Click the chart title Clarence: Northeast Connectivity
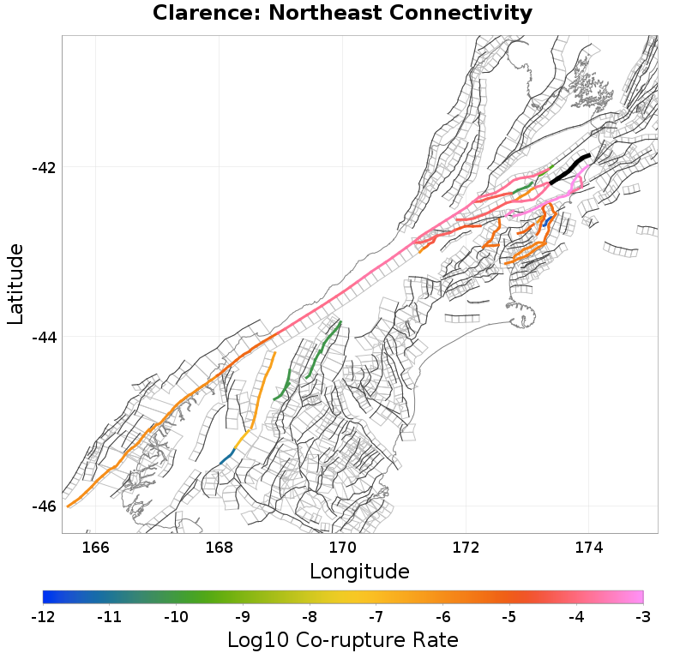[x=342, y=14]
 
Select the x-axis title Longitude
[x=359, y=571]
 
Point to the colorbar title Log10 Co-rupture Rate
[x=342, y=640]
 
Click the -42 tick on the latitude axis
[x=43, y=167]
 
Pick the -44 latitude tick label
[x=43, y=337]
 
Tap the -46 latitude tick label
[x=43, y=506]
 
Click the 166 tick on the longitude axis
[x=96, y=548]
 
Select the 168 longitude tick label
[x=220, y=548]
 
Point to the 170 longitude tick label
[x=343, y=548]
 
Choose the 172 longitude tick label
[x=466, y=548]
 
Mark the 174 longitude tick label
[x=589, y=548]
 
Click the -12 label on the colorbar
[x=43, y=616]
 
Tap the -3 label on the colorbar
[x=643, y=616]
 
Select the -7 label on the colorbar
[x=376, y=616]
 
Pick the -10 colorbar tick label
[x=176, y=616]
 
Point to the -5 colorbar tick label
[x=509, y=616]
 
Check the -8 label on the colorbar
[x=310, y=616]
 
